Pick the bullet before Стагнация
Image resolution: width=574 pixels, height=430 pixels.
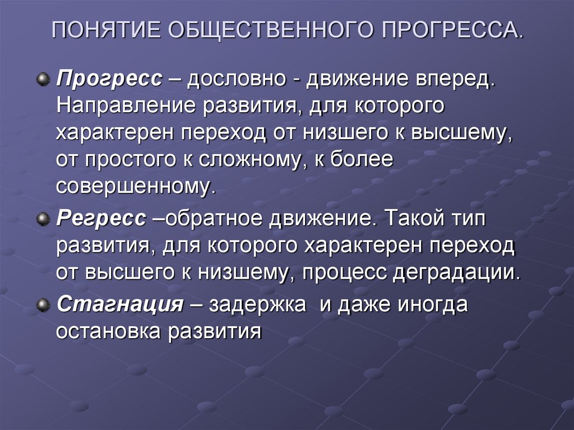(41, 306)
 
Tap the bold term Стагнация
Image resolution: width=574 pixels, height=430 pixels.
(120, 306)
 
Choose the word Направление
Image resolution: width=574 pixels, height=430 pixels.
(122, 106)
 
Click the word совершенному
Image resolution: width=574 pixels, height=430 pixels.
(135, 187)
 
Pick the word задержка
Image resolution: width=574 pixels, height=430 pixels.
(258, 306)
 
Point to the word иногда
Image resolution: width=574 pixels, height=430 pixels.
(431, 306)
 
